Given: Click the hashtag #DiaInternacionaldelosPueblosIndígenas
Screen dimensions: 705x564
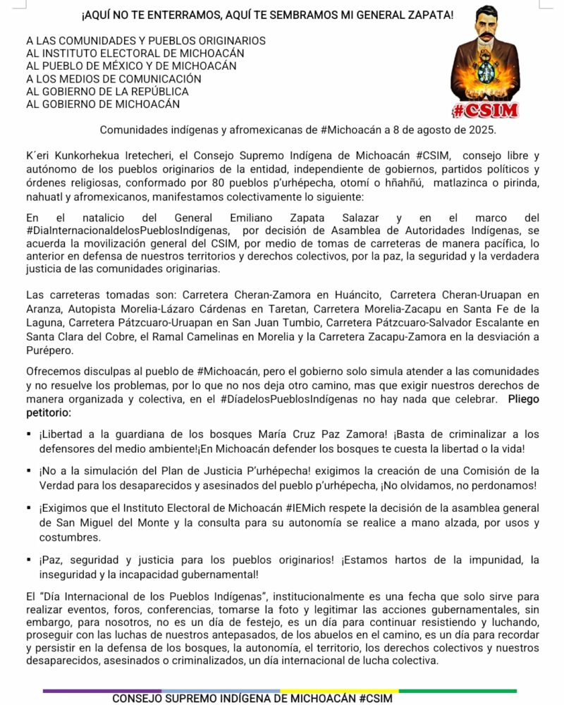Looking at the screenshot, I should pos(127,229).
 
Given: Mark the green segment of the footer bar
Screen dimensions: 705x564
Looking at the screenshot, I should pos(458,690).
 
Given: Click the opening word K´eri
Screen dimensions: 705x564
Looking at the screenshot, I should pos(39,154).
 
